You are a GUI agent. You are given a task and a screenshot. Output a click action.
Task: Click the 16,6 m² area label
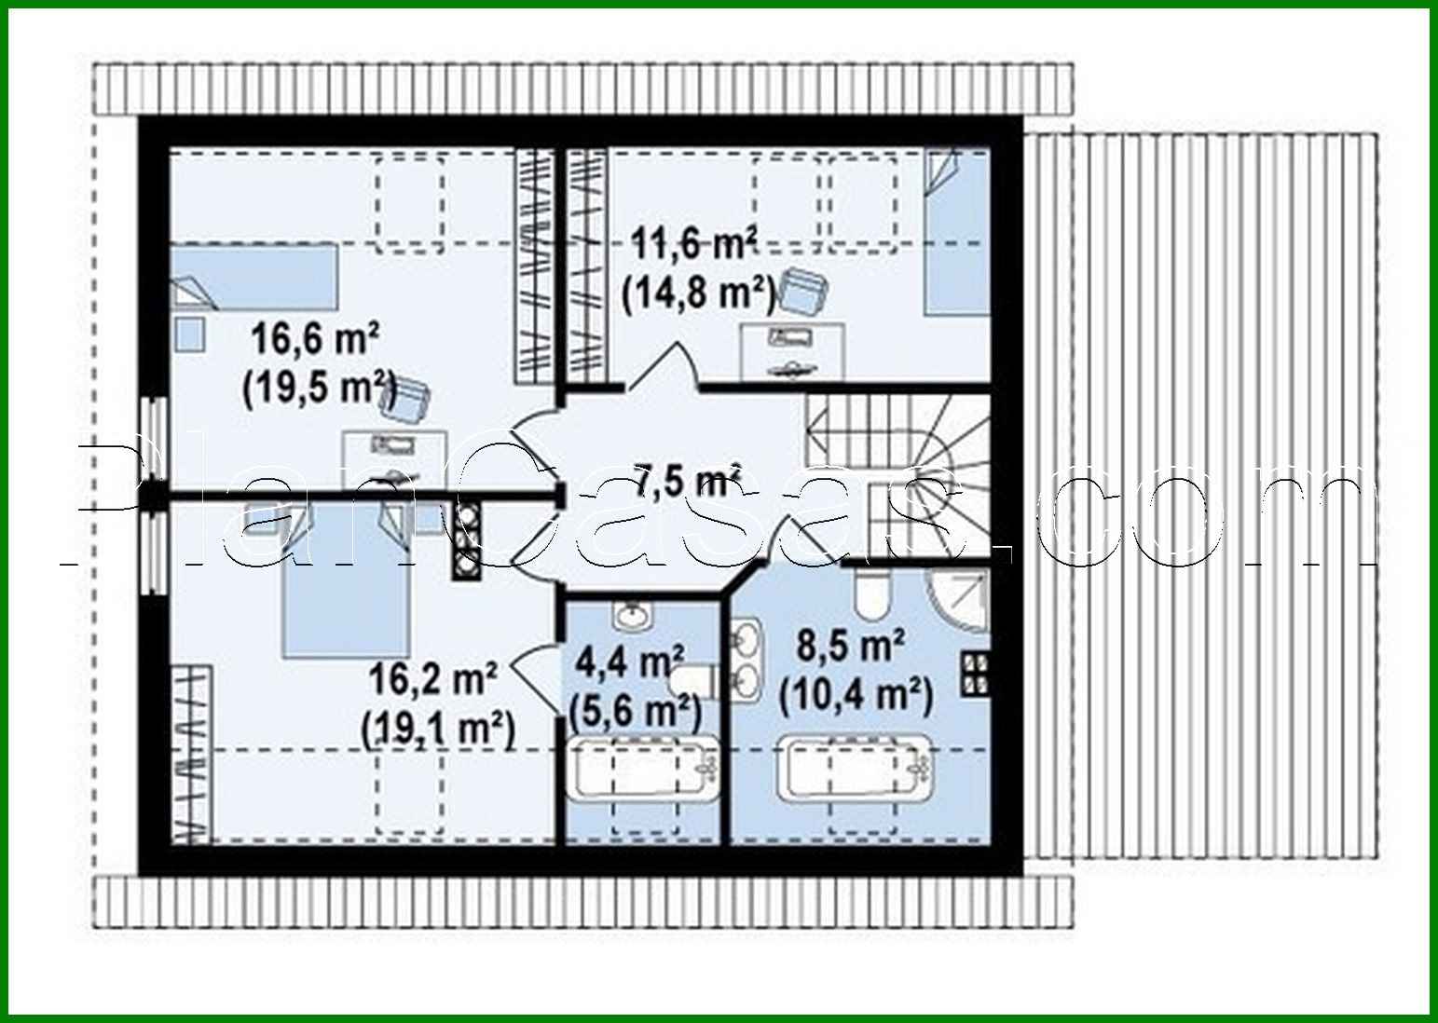(x=315, y=339)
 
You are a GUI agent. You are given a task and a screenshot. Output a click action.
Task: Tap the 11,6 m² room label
(x=694, y=245)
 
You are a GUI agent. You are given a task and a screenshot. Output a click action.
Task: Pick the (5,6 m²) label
(x=634, y=712)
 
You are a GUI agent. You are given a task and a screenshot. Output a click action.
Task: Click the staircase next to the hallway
(x=895, y=475)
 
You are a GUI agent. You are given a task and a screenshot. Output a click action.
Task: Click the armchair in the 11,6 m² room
(x=803, y=292)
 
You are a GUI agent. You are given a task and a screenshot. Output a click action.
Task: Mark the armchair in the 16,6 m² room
(x=406, y=398)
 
